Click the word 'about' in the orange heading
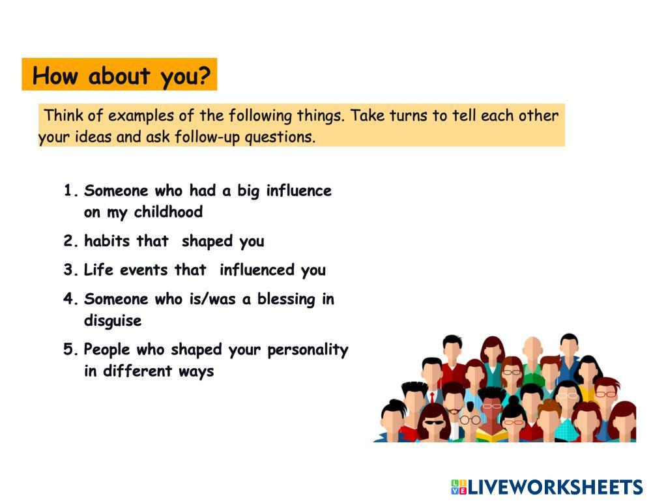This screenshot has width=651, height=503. tap(119, 76)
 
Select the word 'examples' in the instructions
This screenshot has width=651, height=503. tap(141, 116)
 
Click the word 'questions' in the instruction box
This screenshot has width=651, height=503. tap(280, 137)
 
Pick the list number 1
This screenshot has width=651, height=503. tap(70, 190)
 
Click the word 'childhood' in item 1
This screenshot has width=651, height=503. tap(168, 212)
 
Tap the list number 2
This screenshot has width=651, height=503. tap(70, 240)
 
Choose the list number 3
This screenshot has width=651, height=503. tap(70, 270)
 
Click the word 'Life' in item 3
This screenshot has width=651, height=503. tap(98, 270)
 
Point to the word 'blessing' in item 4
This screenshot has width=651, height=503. tap(286, 299)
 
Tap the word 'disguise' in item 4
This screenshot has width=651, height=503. tap(113, 321)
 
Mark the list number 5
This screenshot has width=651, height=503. tap(70, 349)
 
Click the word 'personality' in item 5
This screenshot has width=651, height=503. tap(308, 350)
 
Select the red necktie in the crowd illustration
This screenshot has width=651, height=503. tap(432, 397)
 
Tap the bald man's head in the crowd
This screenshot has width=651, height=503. tap(532, 348)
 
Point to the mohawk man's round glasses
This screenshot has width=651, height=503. tap(470, 420)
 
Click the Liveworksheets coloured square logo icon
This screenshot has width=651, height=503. tap(459, 487)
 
